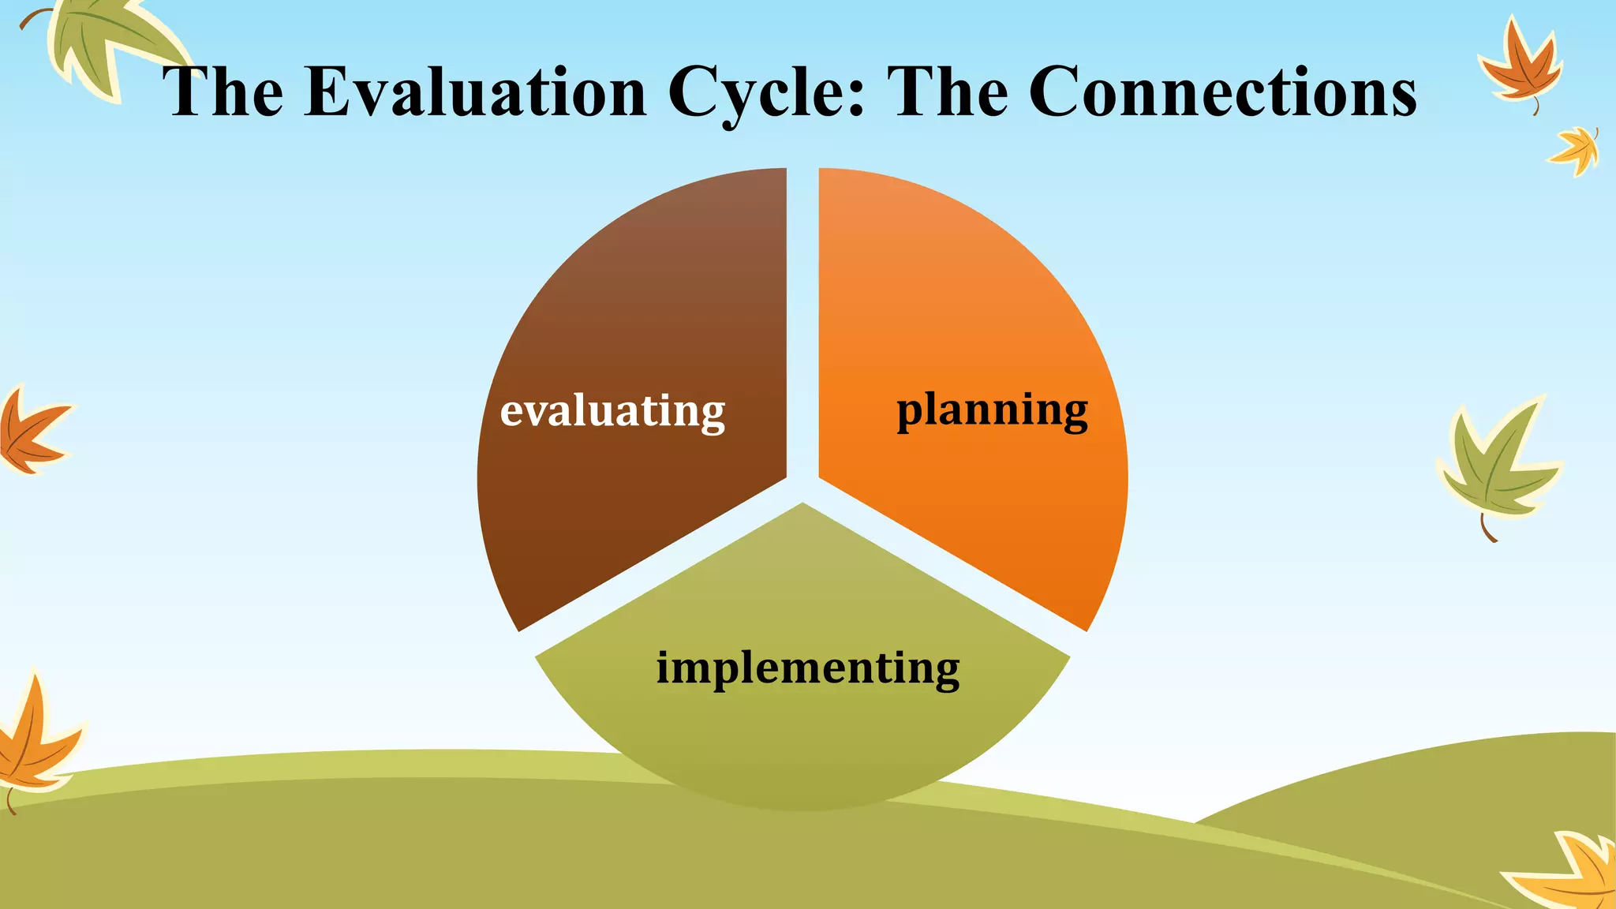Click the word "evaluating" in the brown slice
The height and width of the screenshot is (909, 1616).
[612, 410]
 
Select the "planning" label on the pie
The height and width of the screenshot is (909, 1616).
[992, 410]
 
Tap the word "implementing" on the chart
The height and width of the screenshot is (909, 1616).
[808, 668]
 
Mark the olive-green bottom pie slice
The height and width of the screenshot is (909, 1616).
[802, 742]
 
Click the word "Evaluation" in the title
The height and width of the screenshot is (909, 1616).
[476, 92]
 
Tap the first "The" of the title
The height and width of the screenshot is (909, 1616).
[223, 92]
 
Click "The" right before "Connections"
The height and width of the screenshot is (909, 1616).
[948, 92]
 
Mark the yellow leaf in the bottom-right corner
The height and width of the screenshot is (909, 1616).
[1570, 872]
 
